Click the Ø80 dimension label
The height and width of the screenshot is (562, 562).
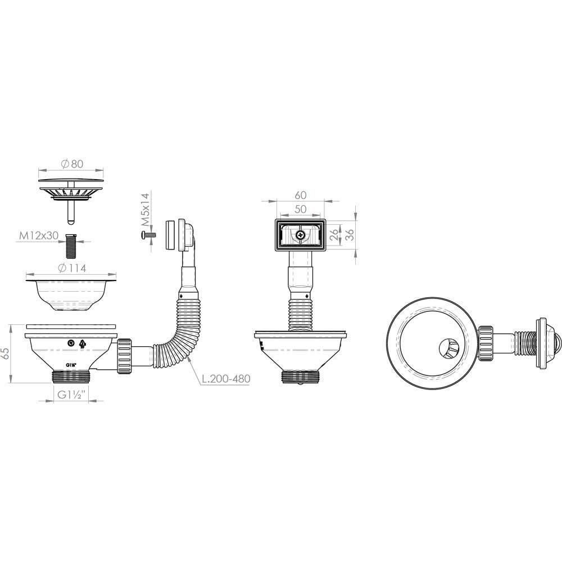click(72, 164)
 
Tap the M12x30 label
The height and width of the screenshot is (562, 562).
click(39, 235)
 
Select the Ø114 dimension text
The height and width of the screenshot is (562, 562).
click(72, 268)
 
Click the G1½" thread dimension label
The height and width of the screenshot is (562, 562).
click(71, 395)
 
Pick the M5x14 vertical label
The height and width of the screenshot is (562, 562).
click(144, 210)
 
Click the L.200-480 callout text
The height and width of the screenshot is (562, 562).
click(226, 378)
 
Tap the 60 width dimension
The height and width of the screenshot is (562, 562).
click(300, 195)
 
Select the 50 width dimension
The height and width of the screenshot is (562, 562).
click(300, 209)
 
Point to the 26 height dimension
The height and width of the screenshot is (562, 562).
click(334, 235)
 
